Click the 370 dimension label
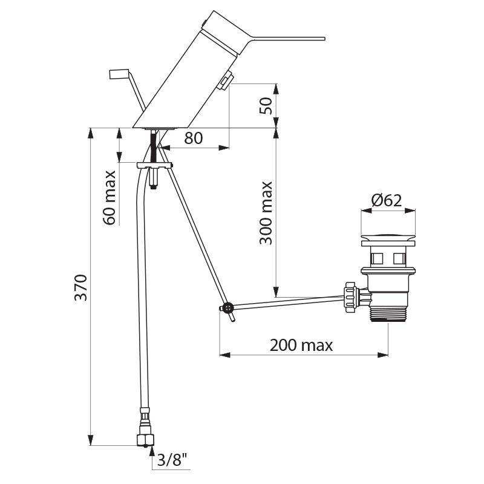coord(82,287)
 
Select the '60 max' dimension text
coord(110,198)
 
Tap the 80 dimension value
coord(194,138)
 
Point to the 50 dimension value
coord(266,105)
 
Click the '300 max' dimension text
coord(266,213)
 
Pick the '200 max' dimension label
coord(301,345)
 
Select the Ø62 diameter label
coord(387,201)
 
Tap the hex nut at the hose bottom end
coord(145,440)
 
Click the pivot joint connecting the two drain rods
coord(227,308)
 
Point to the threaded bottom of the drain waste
coord(388,315)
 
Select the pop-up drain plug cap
coord(388,240)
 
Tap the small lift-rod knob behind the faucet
coord(119,74)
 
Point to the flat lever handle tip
coord(323,39)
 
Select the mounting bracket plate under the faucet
coord(154,165)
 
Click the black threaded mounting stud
coord(154,145)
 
